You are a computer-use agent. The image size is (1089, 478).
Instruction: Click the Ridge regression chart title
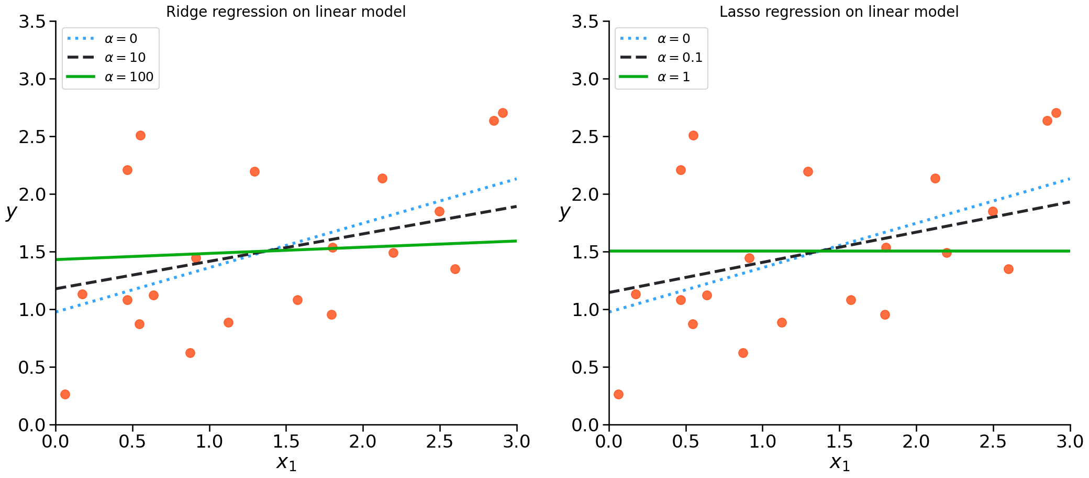coord(285,12)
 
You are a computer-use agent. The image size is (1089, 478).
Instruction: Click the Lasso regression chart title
coord(839,12)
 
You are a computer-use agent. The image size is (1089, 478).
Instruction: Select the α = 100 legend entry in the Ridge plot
coord(129,77)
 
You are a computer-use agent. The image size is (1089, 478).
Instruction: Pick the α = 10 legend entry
coord(125,58)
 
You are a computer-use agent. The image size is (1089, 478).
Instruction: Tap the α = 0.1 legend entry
coord(680,58)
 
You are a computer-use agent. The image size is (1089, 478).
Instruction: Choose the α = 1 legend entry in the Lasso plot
coord(673,77)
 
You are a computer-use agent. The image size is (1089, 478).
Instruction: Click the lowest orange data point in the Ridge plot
coord(65,394)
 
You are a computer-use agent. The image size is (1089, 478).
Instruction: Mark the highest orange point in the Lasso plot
coord(1056,113)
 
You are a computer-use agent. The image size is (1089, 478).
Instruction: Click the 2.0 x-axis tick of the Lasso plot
coord(916,441)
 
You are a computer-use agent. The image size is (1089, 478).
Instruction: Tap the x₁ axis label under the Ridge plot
coord(286,463)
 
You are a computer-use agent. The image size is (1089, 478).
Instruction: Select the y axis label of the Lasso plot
coord(564,211)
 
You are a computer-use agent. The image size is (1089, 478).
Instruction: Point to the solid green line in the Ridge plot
coord(419,245)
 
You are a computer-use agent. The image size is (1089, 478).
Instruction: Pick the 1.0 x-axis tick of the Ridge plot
coord(209,441)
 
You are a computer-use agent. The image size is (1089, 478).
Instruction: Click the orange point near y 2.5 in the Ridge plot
coord(140,135)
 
